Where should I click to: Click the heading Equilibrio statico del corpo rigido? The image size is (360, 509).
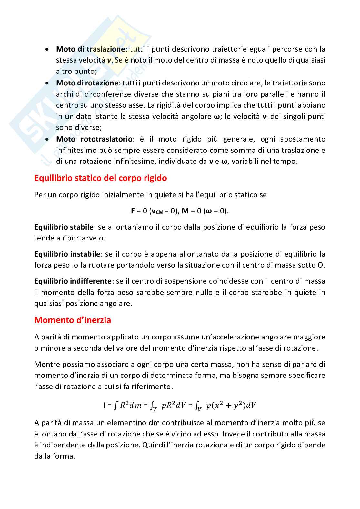tap(100, 178)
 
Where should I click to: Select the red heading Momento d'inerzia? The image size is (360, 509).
tap(73, 320)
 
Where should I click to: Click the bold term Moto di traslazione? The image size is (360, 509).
tap(90, 49)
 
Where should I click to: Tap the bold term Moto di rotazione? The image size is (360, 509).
tap(87, 83)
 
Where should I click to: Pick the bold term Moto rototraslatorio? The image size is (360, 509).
tap(94, 139)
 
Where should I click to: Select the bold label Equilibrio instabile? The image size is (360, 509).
tap(67, 254)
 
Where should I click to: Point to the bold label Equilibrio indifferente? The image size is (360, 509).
tap(73, 281)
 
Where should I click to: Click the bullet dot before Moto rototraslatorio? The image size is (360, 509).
tap(47, 139)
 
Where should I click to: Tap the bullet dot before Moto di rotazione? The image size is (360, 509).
tap(47, 83)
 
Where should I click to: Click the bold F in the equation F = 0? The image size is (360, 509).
tap(133, 211)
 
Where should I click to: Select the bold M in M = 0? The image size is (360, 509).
tap(185, 211)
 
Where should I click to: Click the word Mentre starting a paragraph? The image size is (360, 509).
tap(46, 364)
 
